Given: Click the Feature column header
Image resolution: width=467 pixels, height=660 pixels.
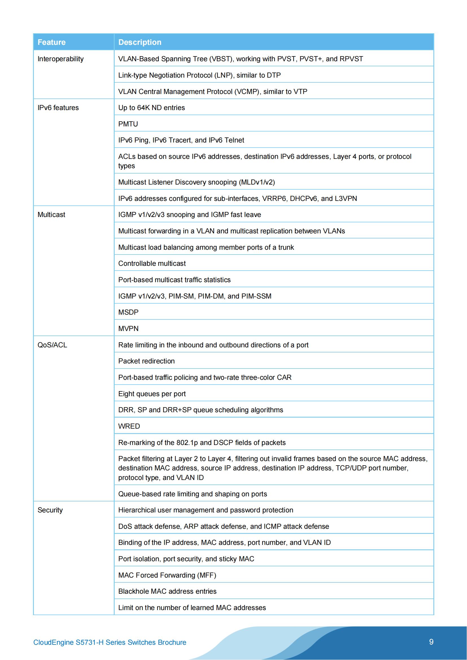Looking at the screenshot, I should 51,42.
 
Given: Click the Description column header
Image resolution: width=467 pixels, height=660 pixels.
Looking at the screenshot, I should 140,42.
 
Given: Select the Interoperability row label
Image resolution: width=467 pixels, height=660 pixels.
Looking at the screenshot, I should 60,59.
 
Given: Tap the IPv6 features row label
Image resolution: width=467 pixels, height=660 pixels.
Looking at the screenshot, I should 58,108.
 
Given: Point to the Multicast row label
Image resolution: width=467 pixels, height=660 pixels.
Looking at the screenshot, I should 51,215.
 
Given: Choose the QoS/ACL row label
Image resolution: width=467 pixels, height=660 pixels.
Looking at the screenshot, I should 52,345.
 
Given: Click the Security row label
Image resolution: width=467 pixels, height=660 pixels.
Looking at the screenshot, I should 50,510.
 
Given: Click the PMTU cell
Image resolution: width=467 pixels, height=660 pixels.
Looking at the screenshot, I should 128,124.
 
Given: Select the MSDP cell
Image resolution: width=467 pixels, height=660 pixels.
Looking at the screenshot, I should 128,312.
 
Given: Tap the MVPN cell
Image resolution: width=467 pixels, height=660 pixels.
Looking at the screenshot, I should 128,328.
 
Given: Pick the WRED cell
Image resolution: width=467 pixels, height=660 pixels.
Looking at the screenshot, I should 129,426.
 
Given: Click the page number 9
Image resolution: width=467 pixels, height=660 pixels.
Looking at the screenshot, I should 431,642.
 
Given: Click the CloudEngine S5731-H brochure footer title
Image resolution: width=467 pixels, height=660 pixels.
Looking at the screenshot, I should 110,642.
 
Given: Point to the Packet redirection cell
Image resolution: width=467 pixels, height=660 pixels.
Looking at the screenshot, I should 146,361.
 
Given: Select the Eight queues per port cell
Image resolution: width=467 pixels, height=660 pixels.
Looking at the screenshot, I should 152,394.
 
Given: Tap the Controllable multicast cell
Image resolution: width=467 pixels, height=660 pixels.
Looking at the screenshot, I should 152,263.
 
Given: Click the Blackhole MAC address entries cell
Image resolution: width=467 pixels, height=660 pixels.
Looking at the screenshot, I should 167,591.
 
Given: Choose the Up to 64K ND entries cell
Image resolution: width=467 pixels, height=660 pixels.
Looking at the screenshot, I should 151,108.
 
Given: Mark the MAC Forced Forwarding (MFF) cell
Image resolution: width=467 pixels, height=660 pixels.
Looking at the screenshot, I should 167,575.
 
